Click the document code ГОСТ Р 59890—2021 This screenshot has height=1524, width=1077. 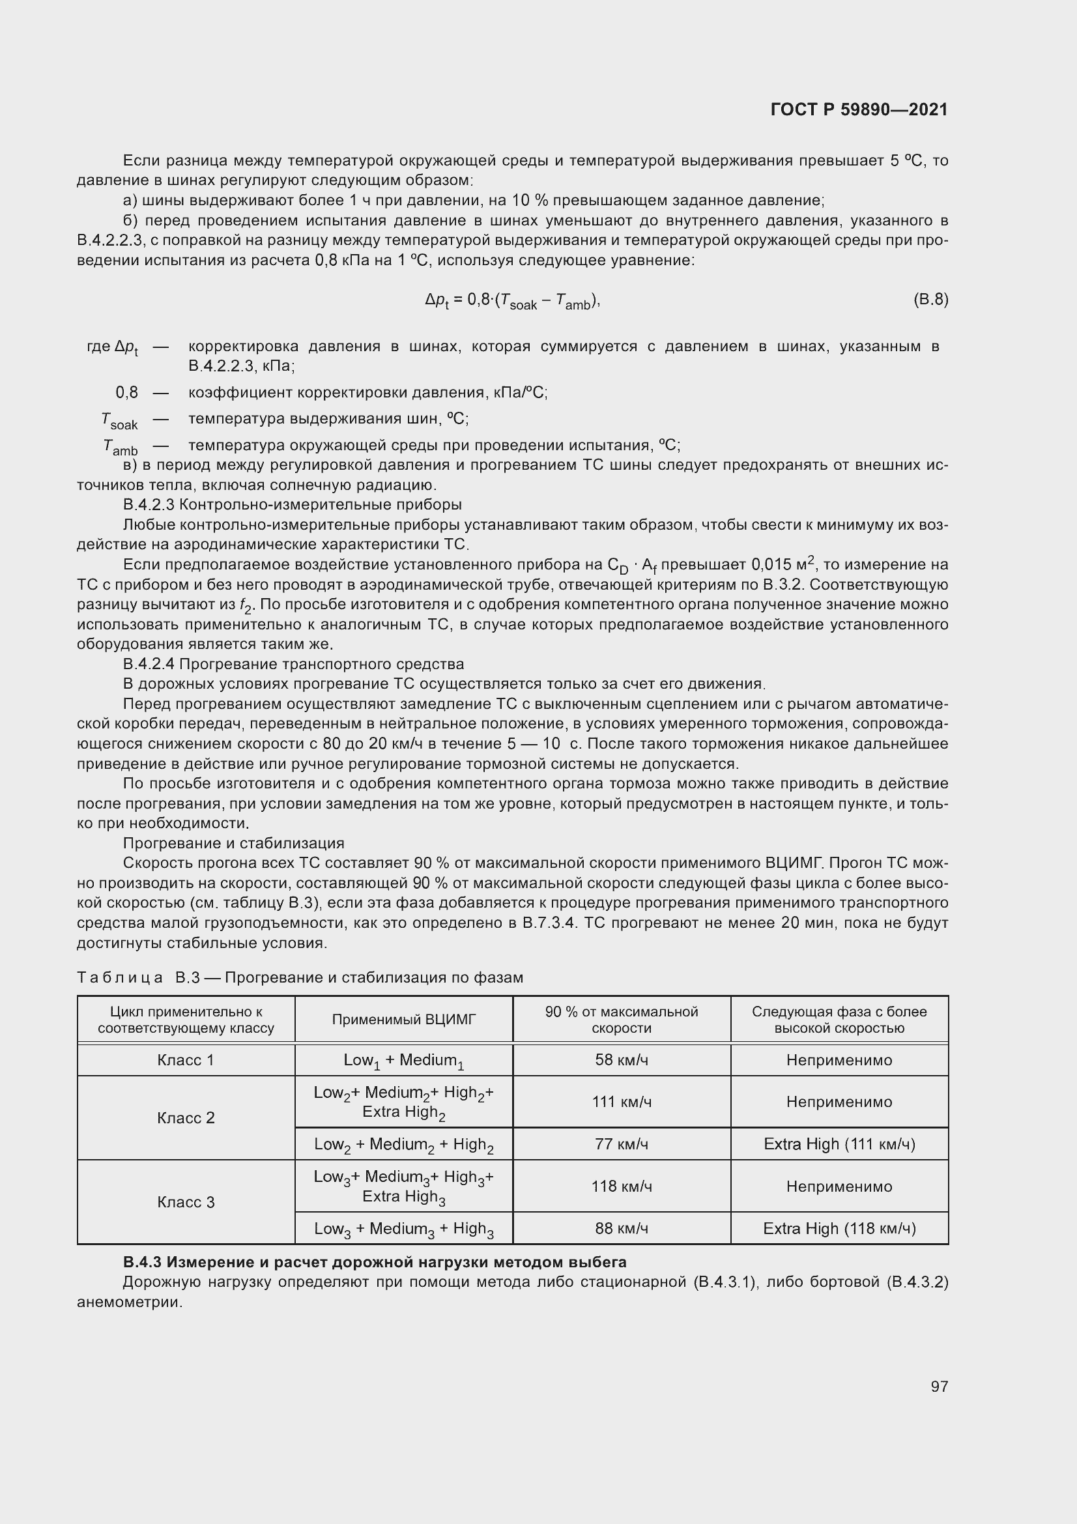859,109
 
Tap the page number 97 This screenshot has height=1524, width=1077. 939,1386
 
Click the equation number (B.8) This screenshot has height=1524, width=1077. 930,299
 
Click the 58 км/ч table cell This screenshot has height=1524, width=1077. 621,1060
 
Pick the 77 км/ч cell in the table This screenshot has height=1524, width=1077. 621,1143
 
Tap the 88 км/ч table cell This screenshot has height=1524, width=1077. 621,1228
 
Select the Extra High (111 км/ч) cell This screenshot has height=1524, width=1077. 839,1143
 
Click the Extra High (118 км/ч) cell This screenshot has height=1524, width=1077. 839,1228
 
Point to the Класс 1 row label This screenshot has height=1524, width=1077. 186,1060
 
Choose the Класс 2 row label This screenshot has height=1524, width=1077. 186,1118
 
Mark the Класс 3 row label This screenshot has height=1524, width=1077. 186,1202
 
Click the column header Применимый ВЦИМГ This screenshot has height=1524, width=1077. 403,1020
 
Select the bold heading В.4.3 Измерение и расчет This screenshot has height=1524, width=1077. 375,1262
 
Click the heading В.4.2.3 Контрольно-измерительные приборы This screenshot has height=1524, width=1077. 293,504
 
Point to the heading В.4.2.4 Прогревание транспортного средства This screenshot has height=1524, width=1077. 294,664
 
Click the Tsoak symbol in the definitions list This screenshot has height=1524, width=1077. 120,420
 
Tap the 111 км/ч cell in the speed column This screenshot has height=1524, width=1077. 621,1102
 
